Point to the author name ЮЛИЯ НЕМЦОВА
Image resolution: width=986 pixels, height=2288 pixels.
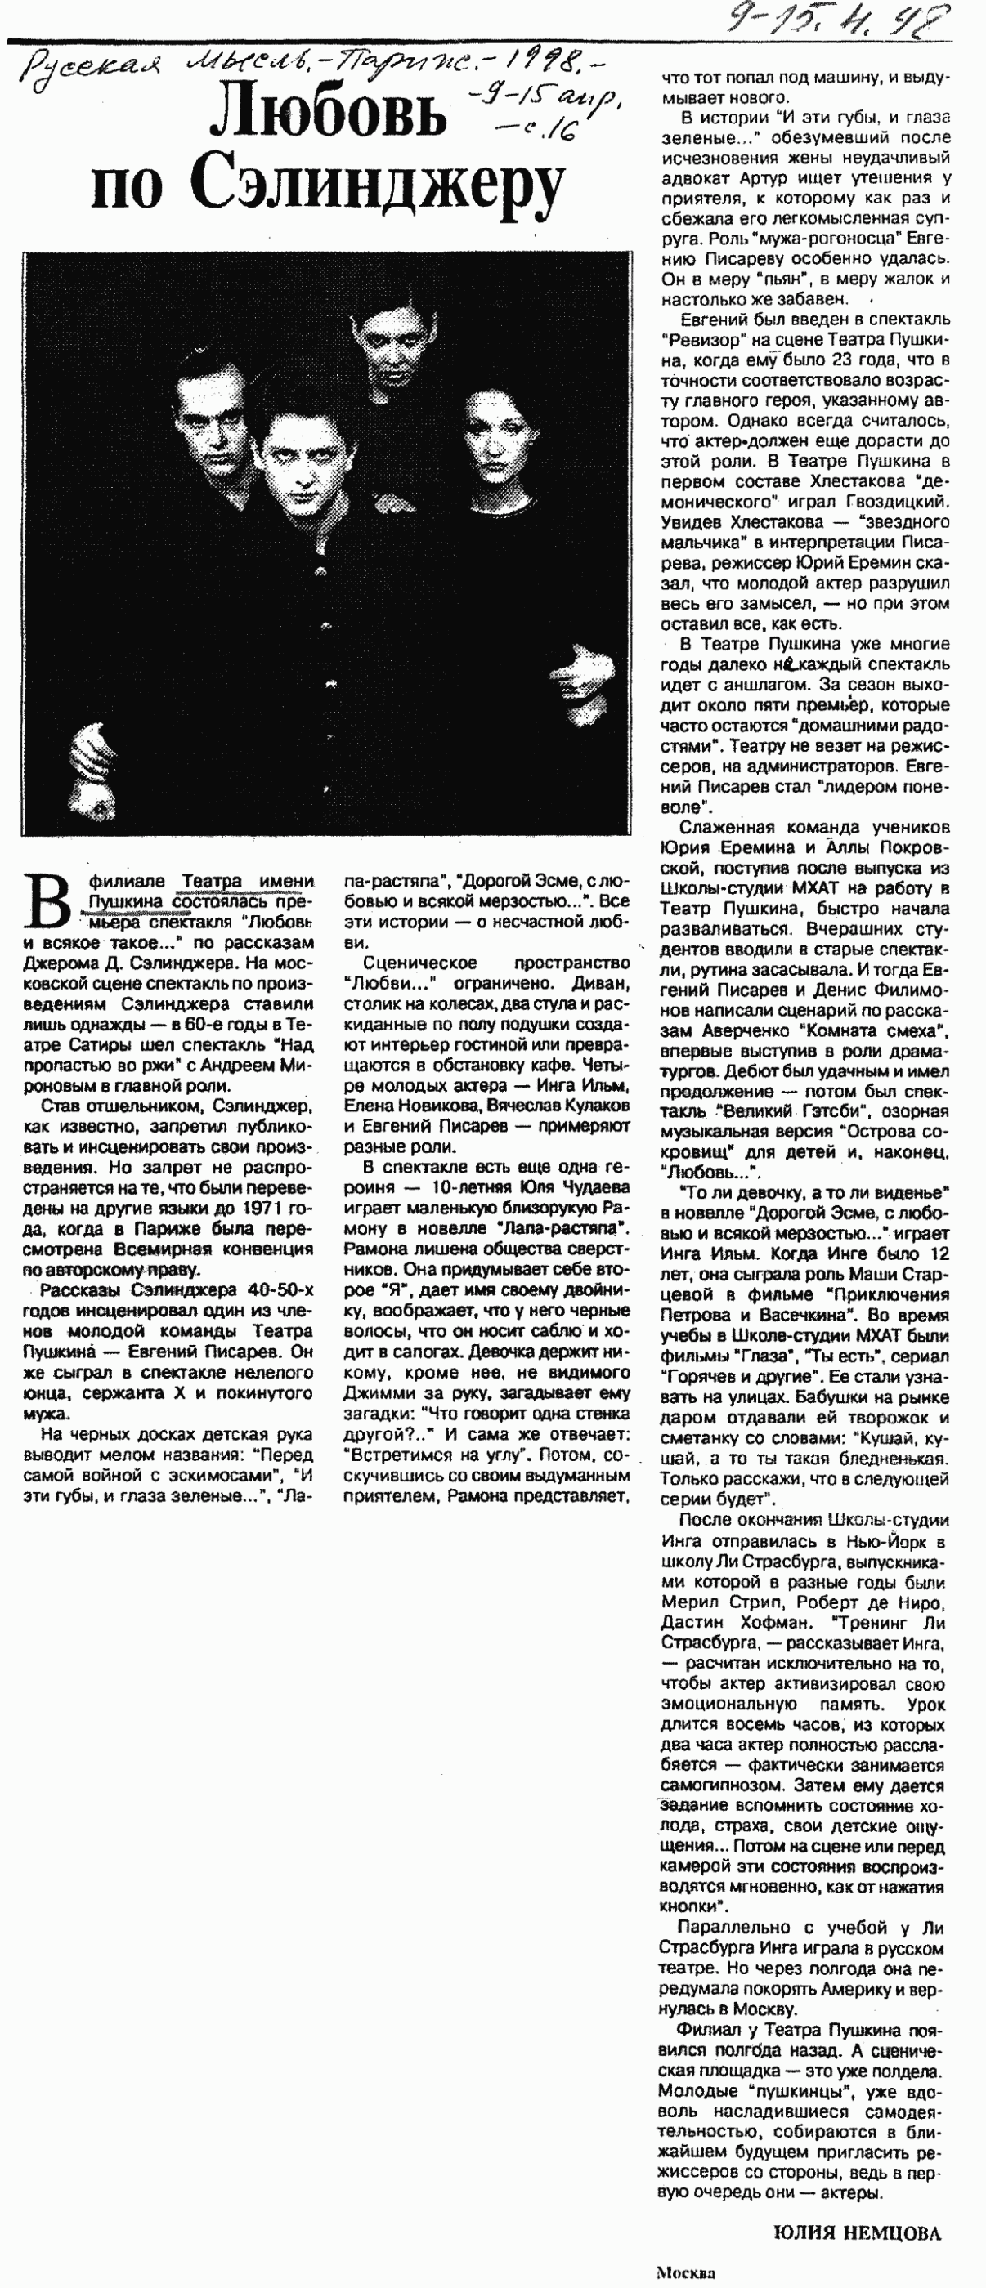(x=856, y=2233)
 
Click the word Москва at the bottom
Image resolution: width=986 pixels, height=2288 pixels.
(x=686, y=2273)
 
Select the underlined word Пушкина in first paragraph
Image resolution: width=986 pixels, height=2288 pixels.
(x=125, y=901)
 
